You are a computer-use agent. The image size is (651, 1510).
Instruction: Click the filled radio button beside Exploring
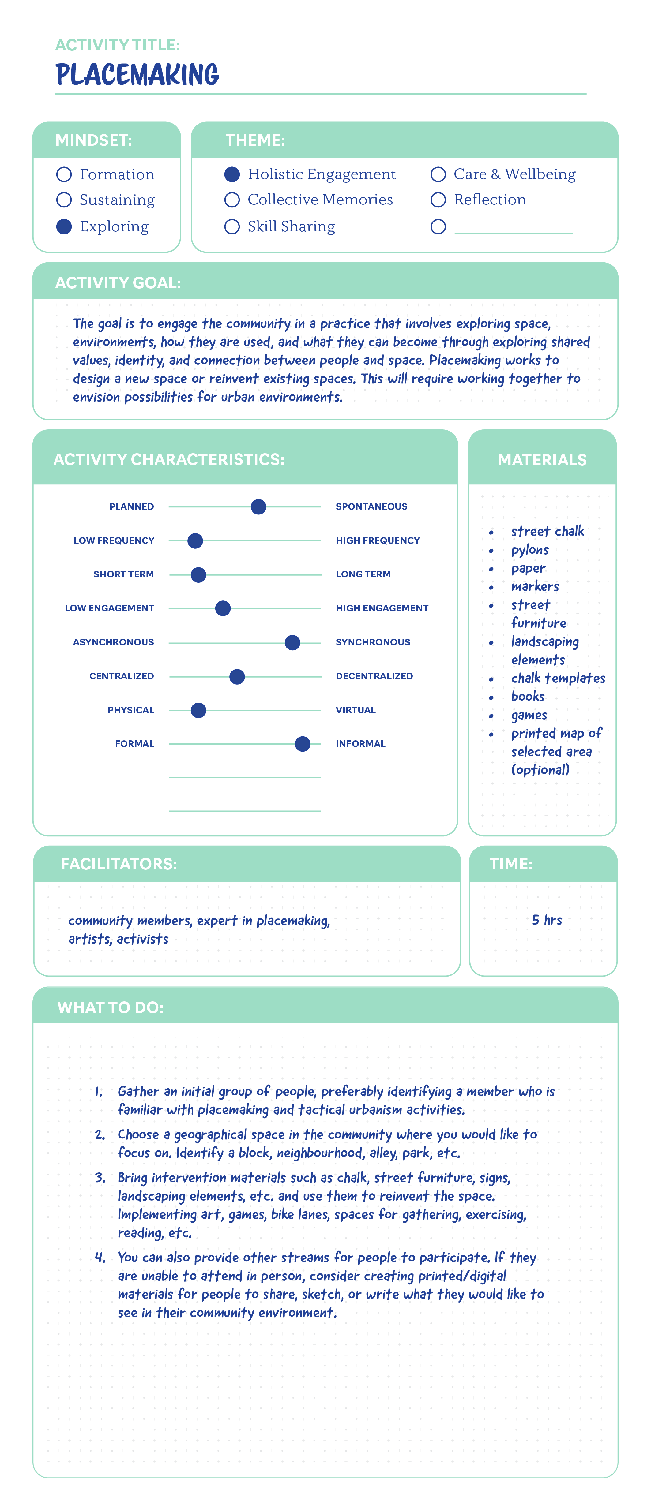pos(64,226)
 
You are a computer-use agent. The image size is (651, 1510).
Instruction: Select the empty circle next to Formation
pos(64,174)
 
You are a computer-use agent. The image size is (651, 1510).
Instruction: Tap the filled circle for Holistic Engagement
pos(232,174)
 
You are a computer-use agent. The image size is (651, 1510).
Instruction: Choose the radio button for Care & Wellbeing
pos(438,174)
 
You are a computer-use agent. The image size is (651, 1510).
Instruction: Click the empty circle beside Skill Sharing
pos(232,226)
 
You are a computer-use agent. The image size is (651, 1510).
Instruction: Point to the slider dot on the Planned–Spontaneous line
pos(258,506)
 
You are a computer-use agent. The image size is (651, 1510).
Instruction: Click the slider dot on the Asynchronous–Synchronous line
pos(292,642)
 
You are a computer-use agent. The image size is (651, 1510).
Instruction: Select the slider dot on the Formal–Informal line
pos(303,744)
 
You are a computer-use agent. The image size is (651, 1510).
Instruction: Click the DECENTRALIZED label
pos(374,676)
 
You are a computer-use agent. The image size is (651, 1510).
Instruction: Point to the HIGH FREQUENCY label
pos(378,540)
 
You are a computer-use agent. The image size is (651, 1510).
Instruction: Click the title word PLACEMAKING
pos(137,75)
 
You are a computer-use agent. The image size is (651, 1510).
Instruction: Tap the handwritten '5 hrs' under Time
pos(547,920)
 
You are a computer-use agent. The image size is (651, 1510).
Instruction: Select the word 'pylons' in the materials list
pos(530,550)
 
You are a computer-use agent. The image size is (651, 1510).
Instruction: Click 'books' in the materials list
pos(528,696)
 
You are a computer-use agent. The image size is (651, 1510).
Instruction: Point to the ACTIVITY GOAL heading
pos(118,282)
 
